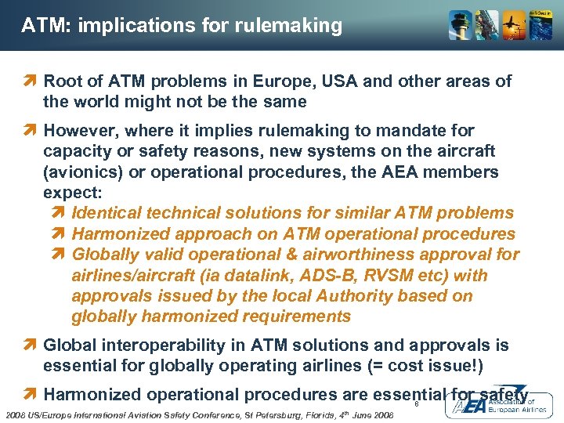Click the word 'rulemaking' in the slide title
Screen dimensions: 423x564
(x=293, y=26)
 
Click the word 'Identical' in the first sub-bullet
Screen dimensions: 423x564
(x=109, y=212)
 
